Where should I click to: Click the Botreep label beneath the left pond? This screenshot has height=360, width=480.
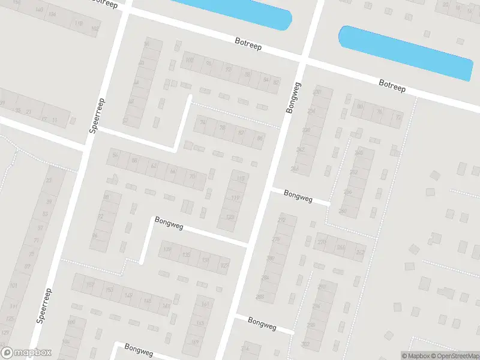[248, 43]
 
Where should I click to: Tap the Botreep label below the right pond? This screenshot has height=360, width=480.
[392, 85]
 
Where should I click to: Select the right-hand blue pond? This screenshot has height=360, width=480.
[405, 52]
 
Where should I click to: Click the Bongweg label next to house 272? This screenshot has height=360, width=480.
[299, 195]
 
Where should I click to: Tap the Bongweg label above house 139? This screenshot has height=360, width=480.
[169, 222]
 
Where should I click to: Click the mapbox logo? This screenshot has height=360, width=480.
[26, 353]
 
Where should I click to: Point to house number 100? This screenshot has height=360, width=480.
[190, 60]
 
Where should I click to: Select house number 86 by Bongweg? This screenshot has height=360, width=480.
[260, 139]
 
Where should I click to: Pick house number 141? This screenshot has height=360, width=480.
[166, 305]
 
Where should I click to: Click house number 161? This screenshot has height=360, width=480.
[205, 304]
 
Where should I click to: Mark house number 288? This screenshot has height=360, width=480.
[260, 296]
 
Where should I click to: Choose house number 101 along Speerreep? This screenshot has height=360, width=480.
[14, 286]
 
